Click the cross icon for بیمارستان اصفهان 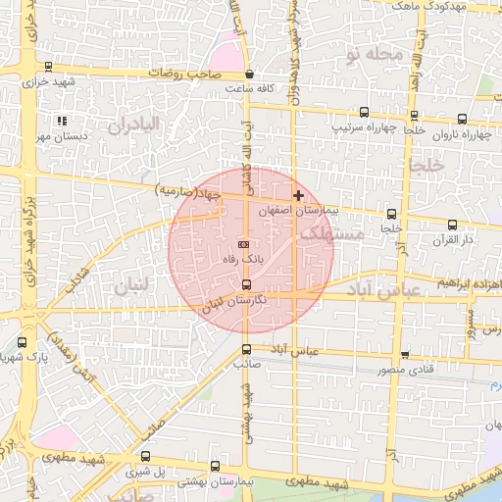coord(299,196)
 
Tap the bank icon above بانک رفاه coord(244,244)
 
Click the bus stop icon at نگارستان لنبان coord(245,284)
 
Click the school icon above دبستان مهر coord(62,121)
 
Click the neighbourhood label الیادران coord(133,125)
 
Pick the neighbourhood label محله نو coord(372,56)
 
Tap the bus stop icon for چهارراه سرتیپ coord(364,113)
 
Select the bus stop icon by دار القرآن coord(452,225)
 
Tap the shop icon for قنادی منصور coord(405,356)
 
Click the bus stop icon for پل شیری coord(146,456)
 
